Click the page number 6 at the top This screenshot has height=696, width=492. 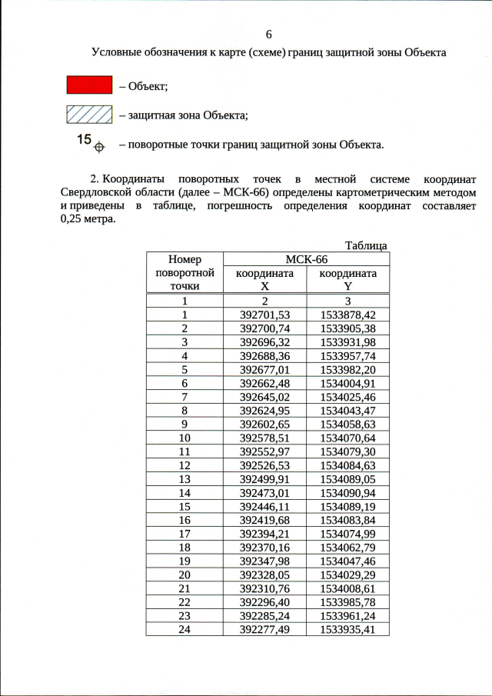click(x=268, y=35)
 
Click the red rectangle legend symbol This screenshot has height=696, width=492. click(x=90, y=85)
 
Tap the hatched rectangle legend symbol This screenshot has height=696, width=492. click(x=90, y=115)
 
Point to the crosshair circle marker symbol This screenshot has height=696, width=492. click(x=98, y=145)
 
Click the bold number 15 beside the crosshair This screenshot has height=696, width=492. click(x=85, y=139)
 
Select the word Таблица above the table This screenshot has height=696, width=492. click(x=366, y=245)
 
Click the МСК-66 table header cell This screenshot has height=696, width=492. click(x=306, y=259)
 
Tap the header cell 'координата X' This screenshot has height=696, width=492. click(x=264, y=279)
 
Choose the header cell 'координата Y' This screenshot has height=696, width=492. click(x=348, y=279)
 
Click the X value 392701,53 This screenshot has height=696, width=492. click(x=264, y=315)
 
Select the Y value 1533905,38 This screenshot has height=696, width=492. click(x=348, y=328)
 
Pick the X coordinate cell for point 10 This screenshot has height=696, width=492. click(x=264, y=438)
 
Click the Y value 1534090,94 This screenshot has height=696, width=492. click(x=348, y=492)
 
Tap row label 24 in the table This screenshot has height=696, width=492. click(x=184, y=629)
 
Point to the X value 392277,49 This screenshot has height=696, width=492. click(x=264, y=629)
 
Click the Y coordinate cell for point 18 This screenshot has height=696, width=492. click(x=348, y=547)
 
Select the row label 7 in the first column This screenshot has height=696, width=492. click(x=184, y=396)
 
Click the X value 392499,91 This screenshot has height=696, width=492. click(x=264, y=478)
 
